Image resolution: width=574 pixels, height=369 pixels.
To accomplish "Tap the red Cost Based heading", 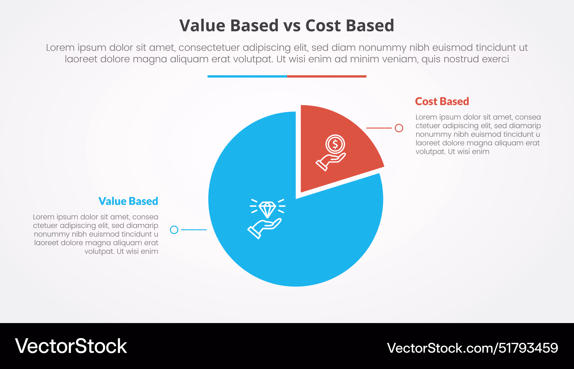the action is (442, 101).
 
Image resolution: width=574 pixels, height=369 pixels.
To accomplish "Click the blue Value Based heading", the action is (128, 201).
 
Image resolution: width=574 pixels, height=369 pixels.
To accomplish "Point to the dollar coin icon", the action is (335, 144).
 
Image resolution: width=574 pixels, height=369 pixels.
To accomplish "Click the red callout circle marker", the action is (399, 128).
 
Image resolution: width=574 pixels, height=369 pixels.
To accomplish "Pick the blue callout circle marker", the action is (174, 230).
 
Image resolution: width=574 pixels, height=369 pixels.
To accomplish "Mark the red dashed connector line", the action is (379, 128).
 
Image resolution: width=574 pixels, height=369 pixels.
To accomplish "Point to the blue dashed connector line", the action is (194, 230).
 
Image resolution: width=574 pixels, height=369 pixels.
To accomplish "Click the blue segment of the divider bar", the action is (247, 76).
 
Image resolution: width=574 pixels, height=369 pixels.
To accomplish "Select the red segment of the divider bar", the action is (327, 76).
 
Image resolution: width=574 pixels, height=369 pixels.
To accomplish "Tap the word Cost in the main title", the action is (323, 25).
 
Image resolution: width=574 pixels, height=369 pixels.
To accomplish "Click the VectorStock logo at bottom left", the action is (71, 346).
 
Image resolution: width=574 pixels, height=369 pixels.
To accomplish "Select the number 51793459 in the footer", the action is (528, 348).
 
